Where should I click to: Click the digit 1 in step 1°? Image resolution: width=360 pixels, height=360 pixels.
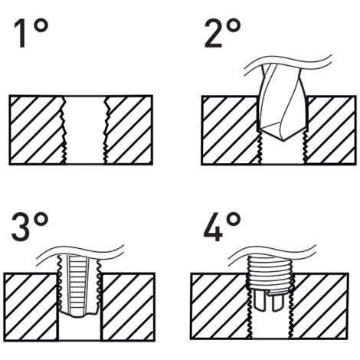click(21, 34)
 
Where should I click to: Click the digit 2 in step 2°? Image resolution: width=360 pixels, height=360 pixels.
click(214, 34)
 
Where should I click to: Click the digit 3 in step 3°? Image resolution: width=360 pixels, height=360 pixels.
click(21, 227)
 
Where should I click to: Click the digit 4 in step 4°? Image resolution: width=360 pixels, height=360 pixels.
click(213, 227)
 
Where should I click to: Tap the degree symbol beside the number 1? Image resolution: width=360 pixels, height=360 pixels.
click(41, 26)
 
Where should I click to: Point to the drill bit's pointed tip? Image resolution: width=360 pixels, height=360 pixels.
click(283, 141)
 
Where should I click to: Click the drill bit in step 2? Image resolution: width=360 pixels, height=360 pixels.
click(282, 102)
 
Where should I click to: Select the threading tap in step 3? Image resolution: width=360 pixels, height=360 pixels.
click(79, 286)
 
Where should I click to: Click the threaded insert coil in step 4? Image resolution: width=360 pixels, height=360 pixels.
click(270, 273)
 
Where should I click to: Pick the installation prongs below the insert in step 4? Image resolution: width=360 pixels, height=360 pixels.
click(270, 301)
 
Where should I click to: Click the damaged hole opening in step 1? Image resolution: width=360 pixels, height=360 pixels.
click(85, 129)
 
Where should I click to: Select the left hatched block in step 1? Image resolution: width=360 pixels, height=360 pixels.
click(37, 129)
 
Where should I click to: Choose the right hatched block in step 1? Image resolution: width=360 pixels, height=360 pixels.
click(129, 129)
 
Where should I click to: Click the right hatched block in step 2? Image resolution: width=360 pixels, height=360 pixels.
click(330, 130)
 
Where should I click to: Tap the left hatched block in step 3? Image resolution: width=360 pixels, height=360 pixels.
click(31, 306)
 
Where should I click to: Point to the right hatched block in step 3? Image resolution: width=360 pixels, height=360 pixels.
click(127, 306)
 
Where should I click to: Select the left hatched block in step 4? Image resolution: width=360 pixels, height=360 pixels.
click(221, 306)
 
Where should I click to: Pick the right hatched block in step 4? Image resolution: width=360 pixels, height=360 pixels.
click(319, 306)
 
